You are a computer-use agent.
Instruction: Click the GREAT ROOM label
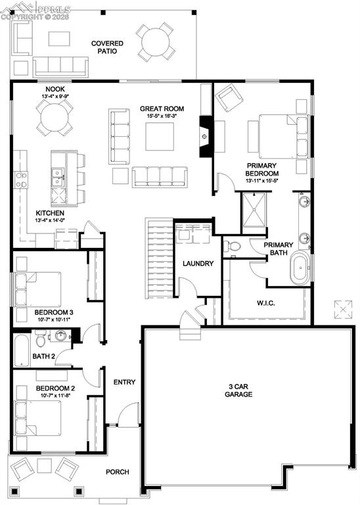click(162, 108)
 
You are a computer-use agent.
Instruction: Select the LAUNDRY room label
click(198, 264)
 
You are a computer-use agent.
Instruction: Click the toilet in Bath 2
click(41, 340)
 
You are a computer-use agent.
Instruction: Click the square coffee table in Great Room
click(159, 137)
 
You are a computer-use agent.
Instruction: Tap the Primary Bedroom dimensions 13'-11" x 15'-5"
click(262, 180)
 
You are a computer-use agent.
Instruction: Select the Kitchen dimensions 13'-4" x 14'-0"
click(50, 222)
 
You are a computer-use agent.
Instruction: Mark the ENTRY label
click(124, 382)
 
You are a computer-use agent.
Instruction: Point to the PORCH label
click(118, 472)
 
